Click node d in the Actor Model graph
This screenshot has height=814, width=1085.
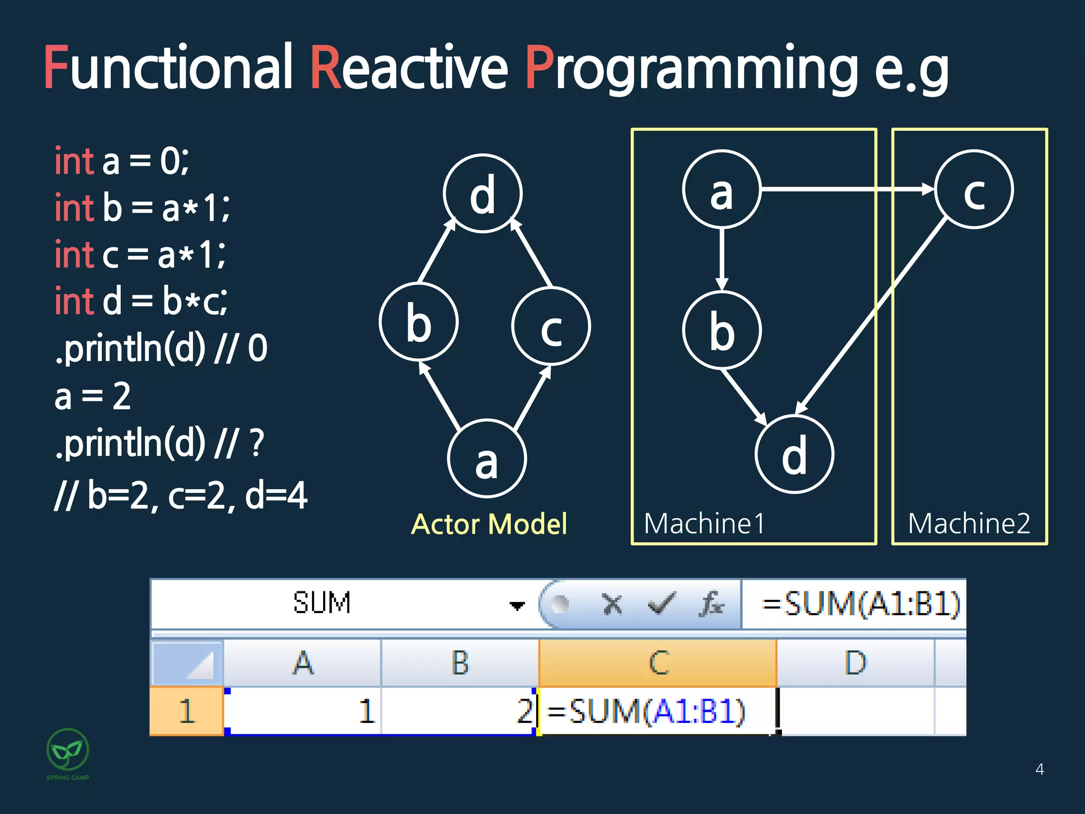(483, 194)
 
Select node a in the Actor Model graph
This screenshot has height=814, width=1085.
(487, 459)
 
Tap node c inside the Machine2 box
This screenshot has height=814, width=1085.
(974, 190)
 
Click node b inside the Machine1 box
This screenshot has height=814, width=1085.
(722, 330)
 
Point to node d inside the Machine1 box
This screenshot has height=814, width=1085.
(794, 455)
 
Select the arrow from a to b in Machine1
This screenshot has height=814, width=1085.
(722, 260)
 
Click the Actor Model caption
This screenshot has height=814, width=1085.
(489, 525)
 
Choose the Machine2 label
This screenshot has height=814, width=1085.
(969, 524)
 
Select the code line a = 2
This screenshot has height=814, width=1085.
(93, 396)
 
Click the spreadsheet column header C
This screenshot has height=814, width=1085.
(658, 663)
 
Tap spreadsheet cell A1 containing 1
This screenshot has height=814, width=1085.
(302, 711)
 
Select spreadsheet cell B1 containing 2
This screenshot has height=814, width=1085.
(460, 711)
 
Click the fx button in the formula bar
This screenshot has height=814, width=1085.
(711, 604)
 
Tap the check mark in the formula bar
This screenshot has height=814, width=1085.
(661, 604)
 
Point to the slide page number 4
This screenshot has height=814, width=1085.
(1039, 769)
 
